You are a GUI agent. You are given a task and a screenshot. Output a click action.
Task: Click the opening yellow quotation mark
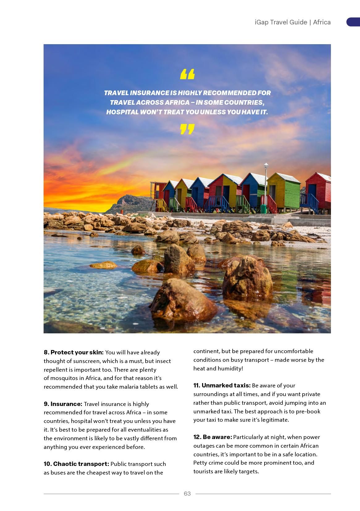pyautogui.click(x=187, y=74)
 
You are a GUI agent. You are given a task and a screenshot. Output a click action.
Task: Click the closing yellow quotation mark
pyautogui.click(x=187, y=129)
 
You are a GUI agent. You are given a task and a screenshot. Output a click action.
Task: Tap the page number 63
pyautogui.click(x=187, y=493)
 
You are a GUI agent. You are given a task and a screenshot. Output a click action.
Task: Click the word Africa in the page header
pyautogui.click(x=322, y=22)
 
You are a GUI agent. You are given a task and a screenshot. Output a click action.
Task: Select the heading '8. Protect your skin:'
pyautogui.click(x=74, y=352)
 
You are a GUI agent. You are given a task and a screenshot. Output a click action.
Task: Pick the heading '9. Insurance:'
pyautogui.click(x=63, y=404)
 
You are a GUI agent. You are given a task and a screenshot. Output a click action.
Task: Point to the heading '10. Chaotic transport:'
pyautogui.click(x=76, y=464)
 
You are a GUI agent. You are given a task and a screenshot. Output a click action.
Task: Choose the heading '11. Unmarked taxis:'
pyautogui.click(x=222, y=385)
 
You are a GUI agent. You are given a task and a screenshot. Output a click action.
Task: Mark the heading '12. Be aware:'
pyautogui.click(x=213, y=437)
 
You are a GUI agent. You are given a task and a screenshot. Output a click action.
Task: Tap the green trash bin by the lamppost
pyautogui.click(x=263, y=209)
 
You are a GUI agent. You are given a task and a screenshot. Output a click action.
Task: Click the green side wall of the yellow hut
pyautogui.click(x=292, y=192)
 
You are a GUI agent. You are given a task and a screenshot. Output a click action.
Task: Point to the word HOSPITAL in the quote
pyautogui.click(x=122, y=112)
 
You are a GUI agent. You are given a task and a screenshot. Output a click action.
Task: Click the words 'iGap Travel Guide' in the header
pyautogui.click(x=281, y=22)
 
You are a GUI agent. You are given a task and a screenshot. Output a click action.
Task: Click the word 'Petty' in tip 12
pyautogui.click(x=201, y=462)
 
